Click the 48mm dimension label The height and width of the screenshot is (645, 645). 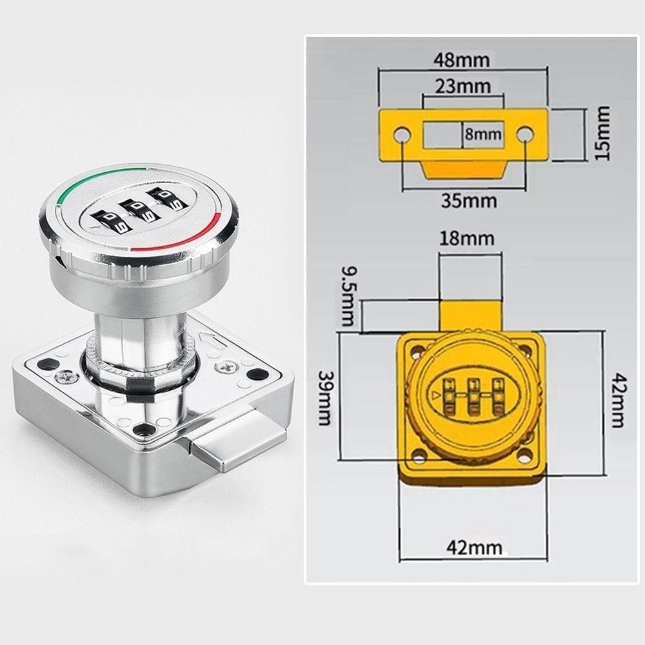click(x=462, y=60)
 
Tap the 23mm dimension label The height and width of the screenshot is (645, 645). click(x=463, y=86)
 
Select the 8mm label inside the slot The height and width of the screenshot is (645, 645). click(x=483, y=134)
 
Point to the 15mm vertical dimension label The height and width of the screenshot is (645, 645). click(x=602, y=133)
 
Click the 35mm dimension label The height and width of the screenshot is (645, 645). click(x=469, y=201)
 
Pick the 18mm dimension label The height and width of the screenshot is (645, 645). click(x=466, y=239)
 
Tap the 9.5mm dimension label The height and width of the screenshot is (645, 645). click(x=350, y=296)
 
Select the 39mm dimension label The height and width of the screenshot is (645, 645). click(x=325, y=398)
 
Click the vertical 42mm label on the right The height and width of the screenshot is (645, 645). click(x=618, y=401)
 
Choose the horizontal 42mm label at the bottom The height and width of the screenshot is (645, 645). click(x=474, y=548)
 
